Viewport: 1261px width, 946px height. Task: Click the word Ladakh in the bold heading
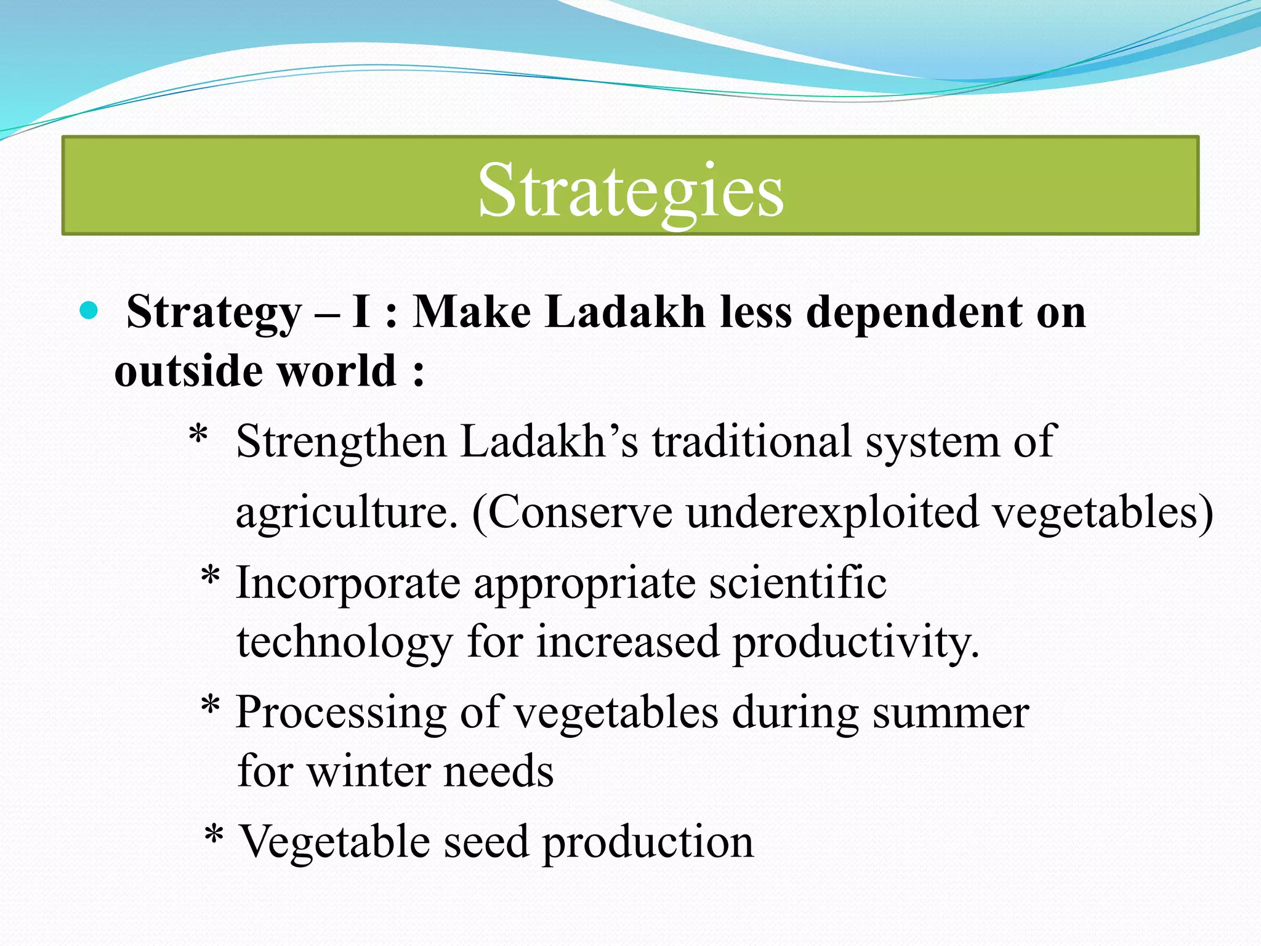(625, 312)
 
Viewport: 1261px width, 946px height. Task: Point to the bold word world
(336, 371)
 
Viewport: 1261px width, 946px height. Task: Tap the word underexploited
(832, 513)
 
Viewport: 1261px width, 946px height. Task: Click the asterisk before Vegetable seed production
(214, 836)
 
